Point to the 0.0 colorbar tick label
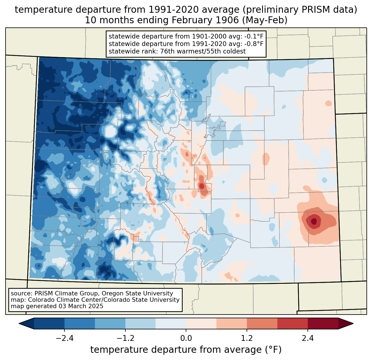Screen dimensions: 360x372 point(186,338)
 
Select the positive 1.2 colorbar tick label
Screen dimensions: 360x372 point(247,338)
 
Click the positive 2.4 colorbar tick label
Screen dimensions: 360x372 point(308,338)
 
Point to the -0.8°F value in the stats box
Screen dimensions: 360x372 point(253,44)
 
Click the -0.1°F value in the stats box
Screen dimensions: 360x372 point(253,37)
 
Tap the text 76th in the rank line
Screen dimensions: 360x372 point(167,51)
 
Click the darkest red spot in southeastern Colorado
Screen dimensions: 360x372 point(314,221)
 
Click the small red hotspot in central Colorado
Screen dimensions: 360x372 point(202,186)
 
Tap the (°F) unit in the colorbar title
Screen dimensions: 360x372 point(273,350)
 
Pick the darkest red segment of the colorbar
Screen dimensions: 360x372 point(323,323)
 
